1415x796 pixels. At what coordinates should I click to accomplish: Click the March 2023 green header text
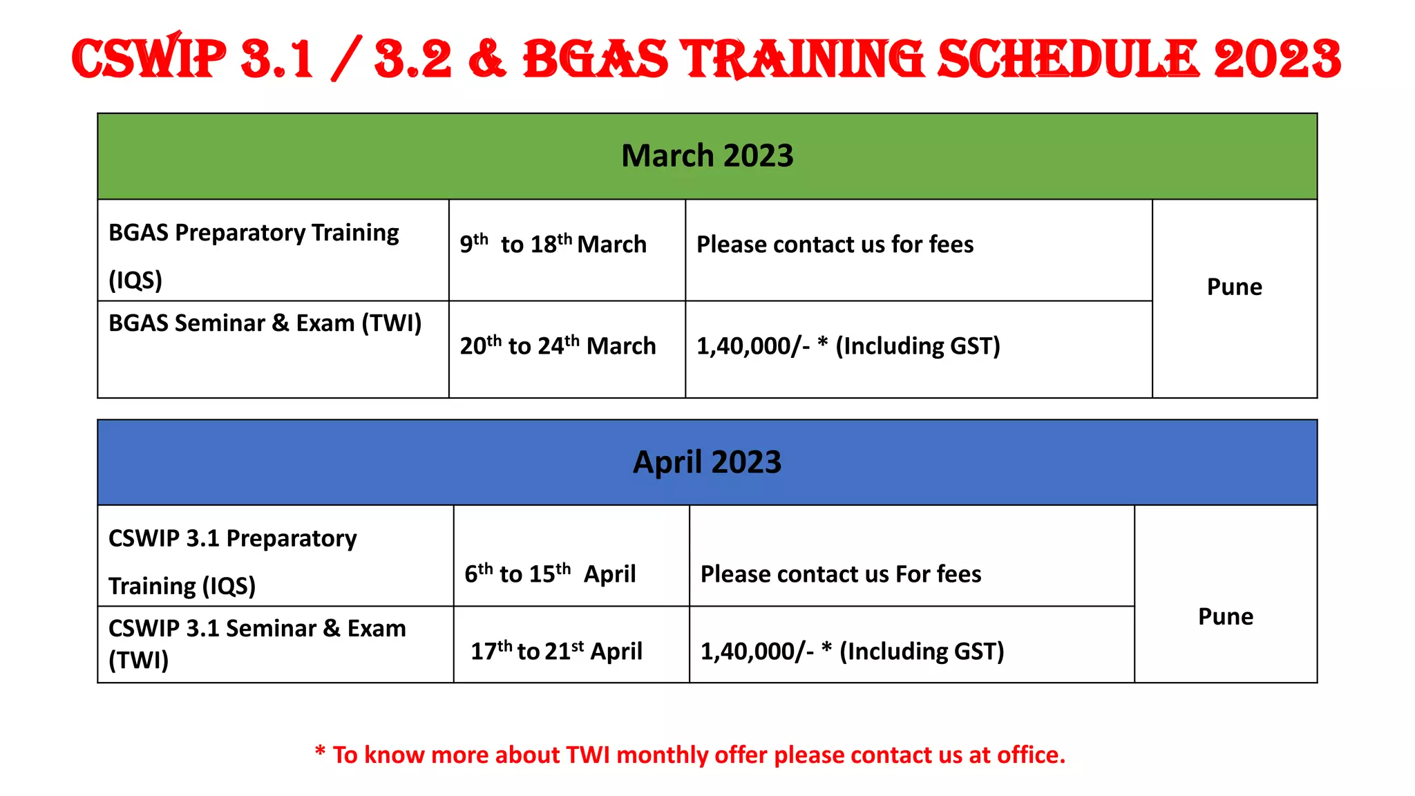[x=707, y=156]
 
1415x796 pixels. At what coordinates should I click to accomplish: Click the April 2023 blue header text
[x=707, y=462]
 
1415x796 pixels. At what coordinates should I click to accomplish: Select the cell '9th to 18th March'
[x=553, y=245]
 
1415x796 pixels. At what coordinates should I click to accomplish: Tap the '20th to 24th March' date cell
[x=558, y=345]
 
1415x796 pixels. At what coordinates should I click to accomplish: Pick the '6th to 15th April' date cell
[x=550, y=574]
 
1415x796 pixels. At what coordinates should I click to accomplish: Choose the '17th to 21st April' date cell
[x=556, y=651]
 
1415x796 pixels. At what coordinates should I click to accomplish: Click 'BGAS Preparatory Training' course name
[x=254, y=233]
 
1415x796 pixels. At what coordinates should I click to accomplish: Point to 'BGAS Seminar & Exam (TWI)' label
[x=265, y=323]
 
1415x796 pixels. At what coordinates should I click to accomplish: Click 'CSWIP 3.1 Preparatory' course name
[x=233, y=538]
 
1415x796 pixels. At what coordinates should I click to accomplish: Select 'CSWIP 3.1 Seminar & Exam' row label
[x=257, y=629]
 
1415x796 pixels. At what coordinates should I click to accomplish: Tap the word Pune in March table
[x=1234, y=287]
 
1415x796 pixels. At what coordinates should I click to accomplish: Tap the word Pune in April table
[x=1225, y=616]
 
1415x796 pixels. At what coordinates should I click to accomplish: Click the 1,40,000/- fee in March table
[x=753, y=346]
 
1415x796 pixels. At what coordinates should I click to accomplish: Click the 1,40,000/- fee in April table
[x=757, y=652]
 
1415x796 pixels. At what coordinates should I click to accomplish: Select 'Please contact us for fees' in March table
[x=835, y=245]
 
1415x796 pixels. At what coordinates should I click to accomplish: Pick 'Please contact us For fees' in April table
[x=840, y=574]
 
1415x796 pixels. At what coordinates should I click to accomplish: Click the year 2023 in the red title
[x=1277, y=59]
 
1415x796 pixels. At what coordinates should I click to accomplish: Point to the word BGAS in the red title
[x=596, y=59]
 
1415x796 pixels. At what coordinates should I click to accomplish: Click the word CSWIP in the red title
[x=149, y=59]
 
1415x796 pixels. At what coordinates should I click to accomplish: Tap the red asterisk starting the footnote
[x=320, y=751]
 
